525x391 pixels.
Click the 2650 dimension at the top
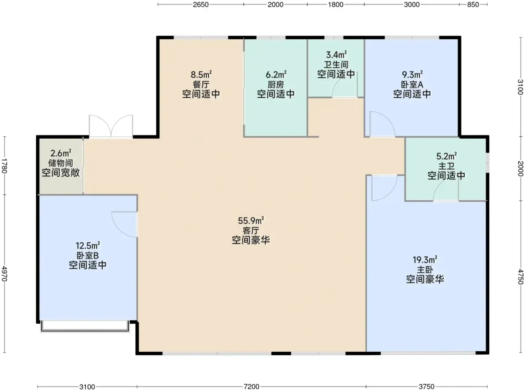[201, 4]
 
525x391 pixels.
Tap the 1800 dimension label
[336, 4]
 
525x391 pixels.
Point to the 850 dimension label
[473, 4]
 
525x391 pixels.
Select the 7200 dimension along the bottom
[251, 387]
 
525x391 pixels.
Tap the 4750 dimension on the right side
[520, 277]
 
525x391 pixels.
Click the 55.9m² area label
[251, 221]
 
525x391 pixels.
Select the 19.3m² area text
[425, 260]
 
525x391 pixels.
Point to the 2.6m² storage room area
[61, 153]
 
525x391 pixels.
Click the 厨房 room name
[276, 85]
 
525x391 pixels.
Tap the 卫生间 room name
[336, 65]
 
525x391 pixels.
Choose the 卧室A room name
[412, 85]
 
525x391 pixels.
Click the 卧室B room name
[87, 255]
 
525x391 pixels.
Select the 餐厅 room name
[201, 85]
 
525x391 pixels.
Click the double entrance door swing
[111, 126]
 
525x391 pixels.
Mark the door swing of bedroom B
[124, 224]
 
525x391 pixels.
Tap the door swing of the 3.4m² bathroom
[345, 84]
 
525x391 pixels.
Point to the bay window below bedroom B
[85, 326]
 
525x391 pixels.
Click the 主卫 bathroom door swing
[446, 190]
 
